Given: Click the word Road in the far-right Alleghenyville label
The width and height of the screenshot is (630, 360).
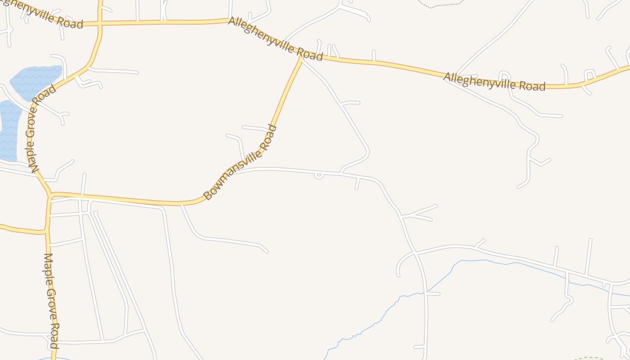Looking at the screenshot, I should click(x=530, y=85).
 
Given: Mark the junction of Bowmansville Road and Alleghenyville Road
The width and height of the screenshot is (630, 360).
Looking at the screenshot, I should click(x=301, y=57).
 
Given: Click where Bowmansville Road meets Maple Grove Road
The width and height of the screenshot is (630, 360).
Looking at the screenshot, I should click(x=51, y=196).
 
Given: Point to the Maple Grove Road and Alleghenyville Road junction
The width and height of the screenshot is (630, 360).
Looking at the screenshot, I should click(x=100, y=23).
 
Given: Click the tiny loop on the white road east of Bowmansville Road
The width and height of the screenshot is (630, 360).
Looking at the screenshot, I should click(x=319, y=175).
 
